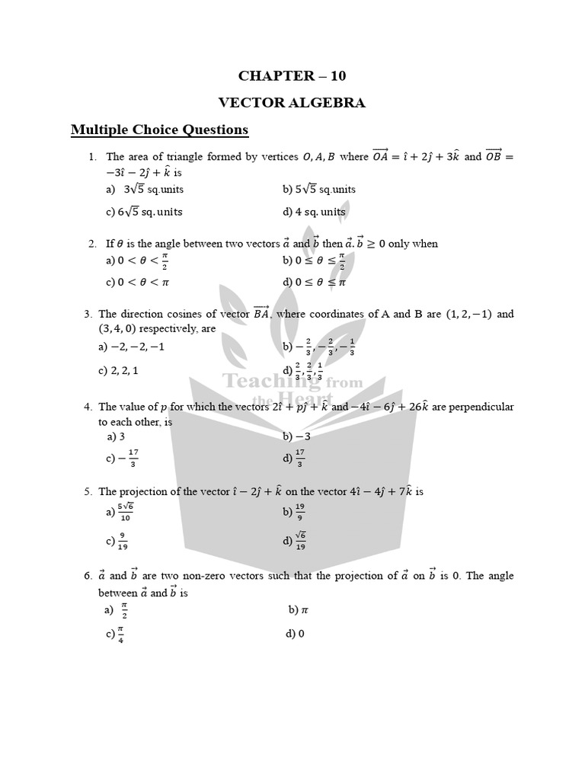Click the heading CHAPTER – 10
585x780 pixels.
(292, 75)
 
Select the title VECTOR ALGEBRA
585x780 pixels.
(292, 103)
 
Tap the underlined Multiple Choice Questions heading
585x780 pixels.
(159, 129)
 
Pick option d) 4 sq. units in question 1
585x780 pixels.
(314, 212)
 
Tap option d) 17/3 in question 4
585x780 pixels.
(293, 459)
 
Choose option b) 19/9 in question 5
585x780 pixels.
(293, 512)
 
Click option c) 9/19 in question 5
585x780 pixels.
(116, 541)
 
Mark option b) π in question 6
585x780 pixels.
(298, 610)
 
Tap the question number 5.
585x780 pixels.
(88, 491)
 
